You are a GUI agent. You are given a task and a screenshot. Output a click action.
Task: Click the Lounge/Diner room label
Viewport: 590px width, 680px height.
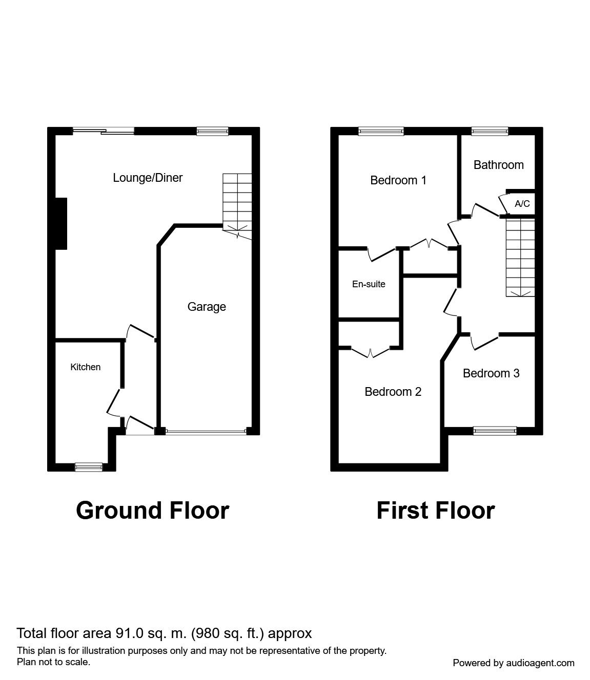coord(148,178)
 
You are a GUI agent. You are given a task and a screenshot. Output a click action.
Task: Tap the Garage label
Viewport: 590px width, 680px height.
coord(207,307)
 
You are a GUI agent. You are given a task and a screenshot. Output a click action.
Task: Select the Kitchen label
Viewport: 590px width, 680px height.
coord(85,367)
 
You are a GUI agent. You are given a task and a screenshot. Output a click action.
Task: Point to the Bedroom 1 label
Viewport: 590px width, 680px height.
coord(398,180)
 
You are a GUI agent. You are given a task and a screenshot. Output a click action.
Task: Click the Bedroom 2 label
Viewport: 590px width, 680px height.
coord(393,392)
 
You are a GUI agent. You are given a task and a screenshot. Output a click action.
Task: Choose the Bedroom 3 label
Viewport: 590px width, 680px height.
coord(491,373)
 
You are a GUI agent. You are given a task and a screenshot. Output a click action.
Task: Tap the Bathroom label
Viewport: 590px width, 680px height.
coord(499,165)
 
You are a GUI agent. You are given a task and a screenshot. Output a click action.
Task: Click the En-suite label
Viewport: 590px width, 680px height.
coord(369,284)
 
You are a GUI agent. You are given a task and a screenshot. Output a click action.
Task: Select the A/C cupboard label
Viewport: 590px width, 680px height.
coord(522,204)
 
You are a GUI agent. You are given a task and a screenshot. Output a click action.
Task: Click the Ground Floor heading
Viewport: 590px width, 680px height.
coord(152,511)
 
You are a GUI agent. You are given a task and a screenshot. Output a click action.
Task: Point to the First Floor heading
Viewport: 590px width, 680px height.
coord(436,511)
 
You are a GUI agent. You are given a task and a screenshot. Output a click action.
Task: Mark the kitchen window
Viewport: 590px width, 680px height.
coord(89,466)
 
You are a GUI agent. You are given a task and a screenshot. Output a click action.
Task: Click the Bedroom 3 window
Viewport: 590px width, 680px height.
coord(495,431)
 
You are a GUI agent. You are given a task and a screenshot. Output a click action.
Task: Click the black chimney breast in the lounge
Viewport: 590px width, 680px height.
coord(61,224)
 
